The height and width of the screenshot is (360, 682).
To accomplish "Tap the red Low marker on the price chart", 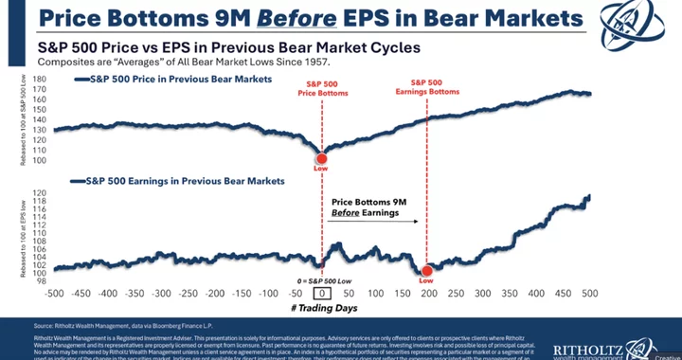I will coord(321,158).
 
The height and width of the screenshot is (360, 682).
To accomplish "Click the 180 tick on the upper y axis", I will coord(39,79).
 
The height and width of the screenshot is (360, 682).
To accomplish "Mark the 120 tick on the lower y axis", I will coord(39,191).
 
